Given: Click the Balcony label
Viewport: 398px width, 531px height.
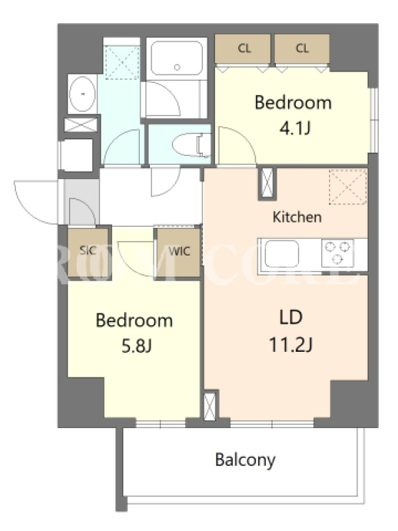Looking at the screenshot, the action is [245, 460].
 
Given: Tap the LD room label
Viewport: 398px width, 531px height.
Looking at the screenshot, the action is [291, 318].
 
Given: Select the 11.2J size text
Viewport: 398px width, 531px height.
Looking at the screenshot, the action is [291, 345].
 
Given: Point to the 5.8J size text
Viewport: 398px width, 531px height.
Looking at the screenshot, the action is [136, 346].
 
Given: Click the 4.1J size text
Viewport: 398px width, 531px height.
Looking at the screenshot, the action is [295, 128].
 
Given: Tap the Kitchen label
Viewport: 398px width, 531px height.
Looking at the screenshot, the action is [297, 217].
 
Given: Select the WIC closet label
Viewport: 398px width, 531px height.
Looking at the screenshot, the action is [179, 252].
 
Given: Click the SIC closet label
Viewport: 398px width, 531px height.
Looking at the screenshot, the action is [88, 250].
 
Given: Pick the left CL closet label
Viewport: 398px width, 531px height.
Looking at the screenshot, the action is [244, 48].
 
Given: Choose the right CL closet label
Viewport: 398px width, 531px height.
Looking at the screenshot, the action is [302, 48].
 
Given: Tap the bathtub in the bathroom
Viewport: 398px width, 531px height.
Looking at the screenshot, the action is [176, 59].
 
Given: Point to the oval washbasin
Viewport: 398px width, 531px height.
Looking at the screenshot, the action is [82, 94].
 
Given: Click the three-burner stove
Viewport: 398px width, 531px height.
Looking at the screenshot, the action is [338, 253].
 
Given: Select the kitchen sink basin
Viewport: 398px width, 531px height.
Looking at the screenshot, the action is [282, 254].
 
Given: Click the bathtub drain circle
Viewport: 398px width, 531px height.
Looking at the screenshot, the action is [177, 68].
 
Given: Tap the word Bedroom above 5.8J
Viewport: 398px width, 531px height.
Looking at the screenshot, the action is [135, 321].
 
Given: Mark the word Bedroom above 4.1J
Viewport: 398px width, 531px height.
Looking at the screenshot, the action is [293, 103].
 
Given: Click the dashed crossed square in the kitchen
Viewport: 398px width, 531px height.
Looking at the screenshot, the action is [348, 187].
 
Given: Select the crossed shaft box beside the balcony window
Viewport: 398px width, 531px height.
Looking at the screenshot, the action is [210, 406].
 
